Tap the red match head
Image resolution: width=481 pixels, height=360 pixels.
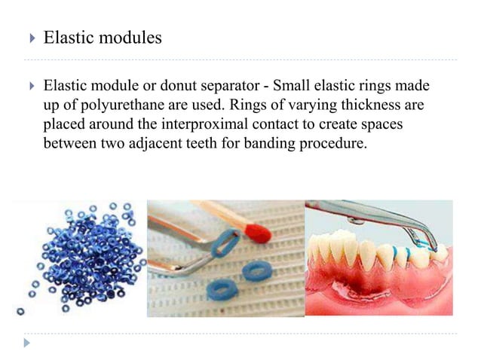pos(258,233)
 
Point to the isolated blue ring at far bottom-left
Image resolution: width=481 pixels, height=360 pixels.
pos(20,310)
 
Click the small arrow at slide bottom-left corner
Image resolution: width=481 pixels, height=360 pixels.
pos(27,343)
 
